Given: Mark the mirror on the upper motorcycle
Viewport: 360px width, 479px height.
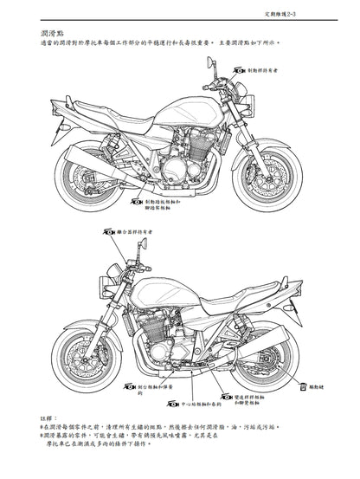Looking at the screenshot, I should pyautogui.click(x=209, y=62).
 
